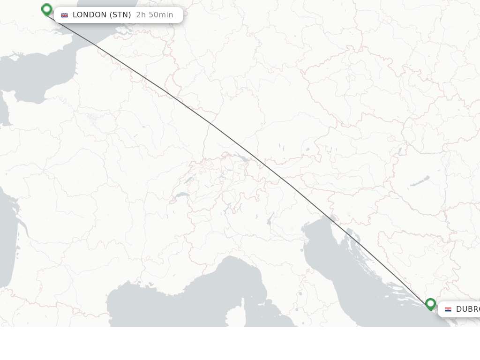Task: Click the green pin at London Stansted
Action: click(x=46, y=9)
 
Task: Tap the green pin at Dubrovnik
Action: click(x=430, y=304)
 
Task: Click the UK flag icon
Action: click(x=64, y=15)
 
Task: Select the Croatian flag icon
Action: click(x=448, y=309)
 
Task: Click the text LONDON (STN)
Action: click(x=102, y=15)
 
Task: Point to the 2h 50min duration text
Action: click(x=155, y=15)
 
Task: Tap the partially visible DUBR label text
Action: click(x=467, y=309)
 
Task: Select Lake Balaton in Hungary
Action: click(x=420, y=181)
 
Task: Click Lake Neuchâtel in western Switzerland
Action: click(x=190, y=179)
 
